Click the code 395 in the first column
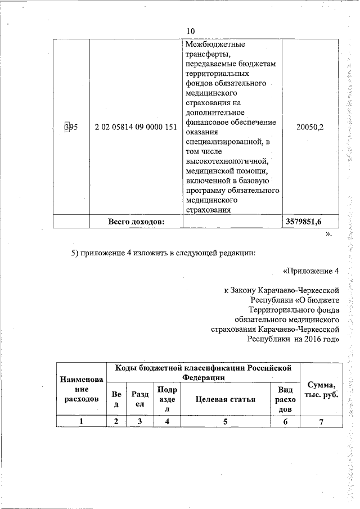coord(71,127)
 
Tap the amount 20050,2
coord(310,127)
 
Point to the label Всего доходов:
coord(136,222)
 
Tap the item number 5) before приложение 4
coord(75,253)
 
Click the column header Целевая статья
coord(226,400)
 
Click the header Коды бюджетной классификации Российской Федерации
coord(203,372)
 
